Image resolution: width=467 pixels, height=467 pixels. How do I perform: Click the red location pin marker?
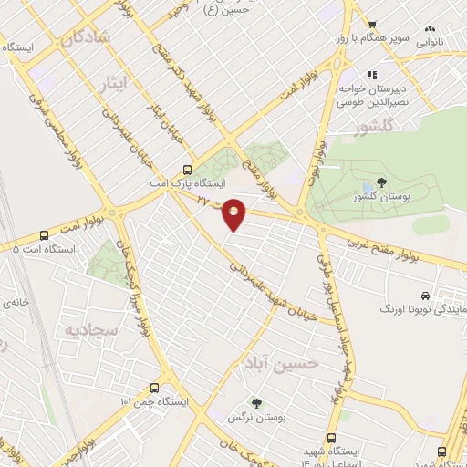(234, 213)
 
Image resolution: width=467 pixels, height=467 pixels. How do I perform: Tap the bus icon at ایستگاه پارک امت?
(187, 169)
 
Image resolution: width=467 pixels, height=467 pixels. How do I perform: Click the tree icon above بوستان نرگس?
(256, 401)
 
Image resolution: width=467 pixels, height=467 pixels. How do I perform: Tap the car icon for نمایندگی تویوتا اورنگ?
(425, 296)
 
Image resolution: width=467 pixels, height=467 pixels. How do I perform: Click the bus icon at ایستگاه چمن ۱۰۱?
(165, 387)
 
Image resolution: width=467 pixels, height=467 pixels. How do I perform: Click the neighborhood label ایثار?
(140, 83)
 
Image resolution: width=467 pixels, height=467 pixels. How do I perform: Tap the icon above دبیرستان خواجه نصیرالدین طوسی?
(373, 75)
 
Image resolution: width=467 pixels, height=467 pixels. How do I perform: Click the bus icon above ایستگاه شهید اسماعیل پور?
(343, 412)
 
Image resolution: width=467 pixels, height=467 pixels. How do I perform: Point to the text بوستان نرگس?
(256, 418)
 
